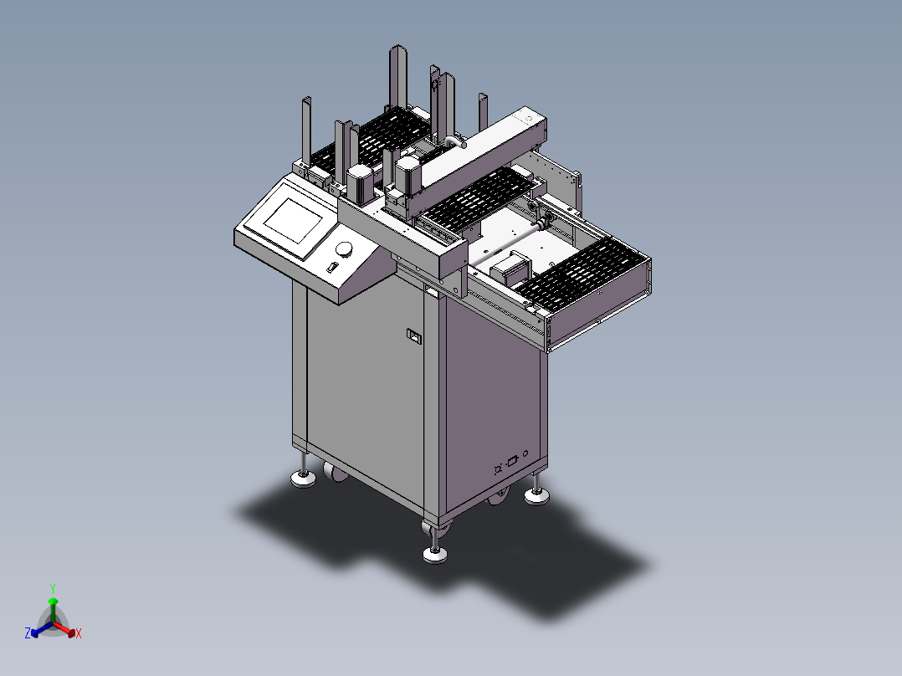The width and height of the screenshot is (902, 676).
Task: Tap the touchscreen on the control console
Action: (x=294, y=220)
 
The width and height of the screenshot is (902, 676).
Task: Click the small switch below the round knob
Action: (x=331, y=267)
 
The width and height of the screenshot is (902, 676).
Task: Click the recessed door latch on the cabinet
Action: (x=413, y=336)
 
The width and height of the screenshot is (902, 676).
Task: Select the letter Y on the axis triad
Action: (x=53, y=588)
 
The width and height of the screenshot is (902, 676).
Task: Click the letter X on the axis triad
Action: (x=79, y=633)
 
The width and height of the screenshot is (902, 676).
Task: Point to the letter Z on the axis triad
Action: (x=28, y=632)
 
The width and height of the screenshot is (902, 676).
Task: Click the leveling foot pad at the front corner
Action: (x=435, y=555)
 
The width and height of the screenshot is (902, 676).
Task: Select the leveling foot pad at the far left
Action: (x=303, y=479)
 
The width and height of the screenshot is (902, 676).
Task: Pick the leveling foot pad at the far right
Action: (x=536, y=496)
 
